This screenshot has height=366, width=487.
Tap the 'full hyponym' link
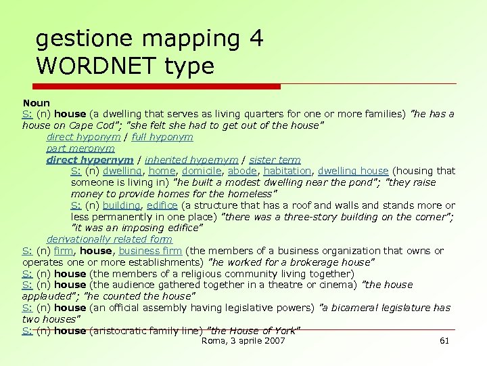162,137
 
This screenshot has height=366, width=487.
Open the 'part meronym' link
80,148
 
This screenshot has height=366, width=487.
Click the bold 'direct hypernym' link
90,160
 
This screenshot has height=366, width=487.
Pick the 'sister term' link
275,160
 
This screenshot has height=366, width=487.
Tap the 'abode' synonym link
242,171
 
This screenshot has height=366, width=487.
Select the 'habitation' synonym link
287,171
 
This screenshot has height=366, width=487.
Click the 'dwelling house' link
353,171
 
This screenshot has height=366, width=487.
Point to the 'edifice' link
162,205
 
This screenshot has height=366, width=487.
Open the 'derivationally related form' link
110,239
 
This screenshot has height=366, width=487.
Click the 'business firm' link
150,251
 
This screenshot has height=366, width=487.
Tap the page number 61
444,340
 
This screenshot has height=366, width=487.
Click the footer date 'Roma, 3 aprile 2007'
243,340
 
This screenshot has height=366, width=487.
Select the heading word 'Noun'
37,103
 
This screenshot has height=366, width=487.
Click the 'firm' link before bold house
63,251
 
